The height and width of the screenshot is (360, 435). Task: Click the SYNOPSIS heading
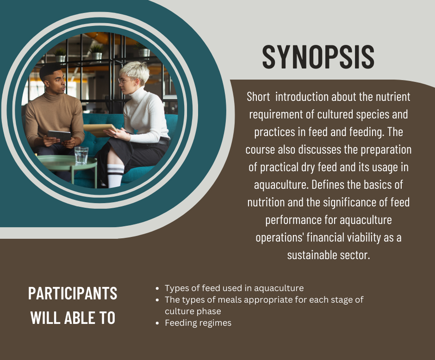point(318,57)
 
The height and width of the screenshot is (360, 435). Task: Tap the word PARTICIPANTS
point(73,293)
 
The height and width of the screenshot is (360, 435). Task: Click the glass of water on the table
point(81,155)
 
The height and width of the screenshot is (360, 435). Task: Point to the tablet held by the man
point(59,136)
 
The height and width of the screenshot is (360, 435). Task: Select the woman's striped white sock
point(115,176)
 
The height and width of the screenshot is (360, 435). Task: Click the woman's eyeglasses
point(125,81)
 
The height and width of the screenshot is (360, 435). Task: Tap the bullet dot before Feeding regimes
point(157,323)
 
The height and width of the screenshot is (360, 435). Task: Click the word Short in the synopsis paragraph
point(258,97)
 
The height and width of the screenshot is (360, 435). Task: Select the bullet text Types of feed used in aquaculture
point(234,288)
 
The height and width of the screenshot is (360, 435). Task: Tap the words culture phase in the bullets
point(193,311)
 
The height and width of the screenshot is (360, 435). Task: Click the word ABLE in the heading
point(78,317)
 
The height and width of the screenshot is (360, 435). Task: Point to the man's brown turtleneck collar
point(54,96)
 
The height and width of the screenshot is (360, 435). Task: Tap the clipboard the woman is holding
point(100,129)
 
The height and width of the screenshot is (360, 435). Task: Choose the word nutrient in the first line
point(393,97)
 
